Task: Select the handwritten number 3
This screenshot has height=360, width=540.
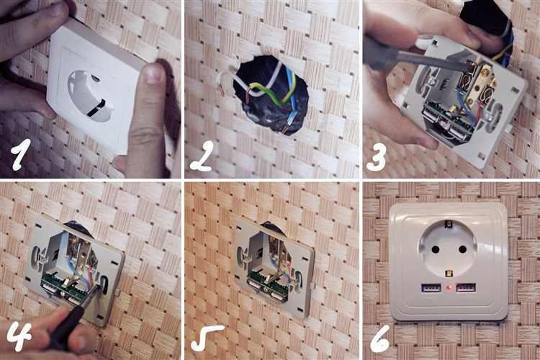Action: click(x=376, y=156)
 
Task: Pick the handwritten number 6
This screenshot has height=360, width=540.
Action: click(x=379, y=338)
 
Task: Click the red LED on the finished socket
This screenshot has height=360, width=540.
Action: click(x=449, y=288)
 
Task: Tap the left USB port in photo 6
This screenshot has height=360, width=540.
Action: click(x=431, y=288)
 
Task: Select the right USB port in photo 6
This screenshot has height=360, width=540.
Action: click(x=466, y=288)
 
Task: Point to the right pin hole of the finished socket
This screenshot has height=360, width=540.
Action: click(x=462, y=249)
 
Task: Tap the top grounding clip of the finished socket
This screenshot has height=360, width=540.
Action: click(x=449, y=224)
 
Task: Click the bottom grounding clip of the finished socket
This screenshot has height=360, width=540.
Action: click(x=449, y=274)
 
